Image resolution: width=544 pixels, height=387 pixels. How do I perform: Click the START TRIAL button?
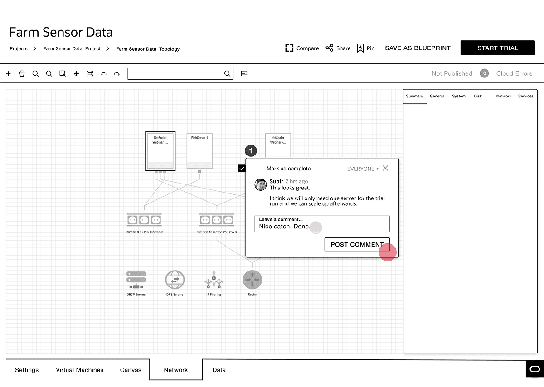tap(497, 48)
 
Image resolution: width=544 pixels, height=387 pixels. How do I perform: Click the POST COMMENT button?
tap(357, 244)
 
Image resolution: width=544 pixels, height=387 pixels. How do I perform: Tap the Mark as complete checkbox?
tap(242, 169)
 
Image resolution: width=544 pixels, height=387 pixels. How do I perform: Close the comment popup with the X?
tap(385, 168)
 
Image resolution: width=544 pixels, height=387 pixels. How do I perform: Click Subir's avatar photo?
tap(261, 184)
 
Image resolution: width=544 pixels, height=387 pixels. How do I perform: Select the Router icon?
tap(252, 280)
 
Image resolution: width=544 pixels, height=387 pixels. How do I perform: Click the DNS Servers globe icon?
tap(175, 280)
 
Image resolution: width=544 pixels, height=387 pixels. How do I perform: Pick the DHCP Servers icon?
tap(136, 280)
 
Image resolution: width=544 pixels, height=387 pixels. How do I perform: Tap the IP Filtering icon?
tap(214, 280)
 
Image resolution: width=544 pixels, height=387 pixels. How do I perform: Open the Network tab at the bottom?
tap(176, 370)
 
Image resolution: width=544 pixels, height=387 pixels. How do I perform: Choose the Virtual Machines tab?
tap(80, 370)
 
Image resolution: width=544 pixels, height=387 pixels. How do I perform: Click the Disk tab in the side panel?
tap(478, 96)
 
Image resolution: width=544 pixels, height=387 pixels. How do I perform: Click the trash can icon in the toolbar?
tap(22, 73)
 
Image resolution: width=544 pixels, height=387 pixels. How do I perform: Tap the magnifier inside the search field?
tap(228, 73)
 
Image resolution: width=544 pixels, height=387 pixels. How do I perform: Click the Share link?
tap(338, 48)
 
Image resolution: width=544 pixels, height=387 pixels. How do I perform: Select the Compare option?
tap(302, 48)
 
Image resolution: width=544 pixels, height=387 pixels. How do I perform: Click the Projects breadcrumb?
tap(19, 48)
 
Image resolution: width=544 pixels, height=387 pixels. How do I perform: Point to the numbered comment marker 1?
tap(251, 151)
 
